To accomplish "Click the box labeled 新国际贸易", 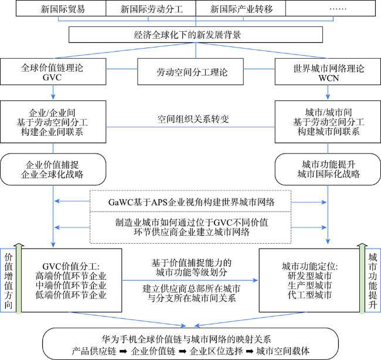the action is coord(61,8).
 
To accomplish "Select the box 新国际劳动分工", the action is coord(151,8).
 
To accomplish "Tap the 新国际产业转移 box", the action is coord(240,8).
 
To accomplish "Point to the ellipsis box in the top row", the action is coord(331,8).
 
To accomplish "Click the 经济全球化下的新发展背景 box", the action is coord(196,35).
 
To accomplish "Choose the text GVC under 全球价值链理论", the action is coord(52,77).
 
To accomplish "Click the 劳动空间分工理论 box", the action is coord(190,72).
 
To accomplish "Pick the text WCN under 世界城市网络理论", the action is coord(328,78).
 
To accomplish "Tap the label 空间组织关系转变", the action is coord(193,119).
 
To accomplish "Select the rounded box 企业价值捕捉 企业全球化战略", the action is coord(53,169).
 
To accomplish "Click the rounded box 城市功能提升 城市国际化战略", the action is coord(328,169).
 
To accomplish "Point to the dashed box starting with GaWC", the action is coord(190,201).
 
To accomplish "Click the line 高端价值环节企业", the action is coord(71,276).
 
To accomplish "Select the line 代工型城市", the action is coord(309,295).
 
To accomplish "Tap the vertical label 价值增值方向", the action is coord(9,281).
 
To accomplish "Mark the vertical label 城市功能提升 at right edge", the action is coord(372,281).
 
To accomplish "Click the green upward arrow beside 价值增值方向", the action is coord(19,279).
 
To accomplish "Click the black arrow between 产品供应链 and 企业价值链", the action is coord(123,351).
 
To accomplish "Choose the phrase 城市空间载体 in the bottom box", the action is coord(283,351).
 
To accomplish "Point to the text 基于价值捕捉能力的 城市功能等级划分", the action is coord(191,267).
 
